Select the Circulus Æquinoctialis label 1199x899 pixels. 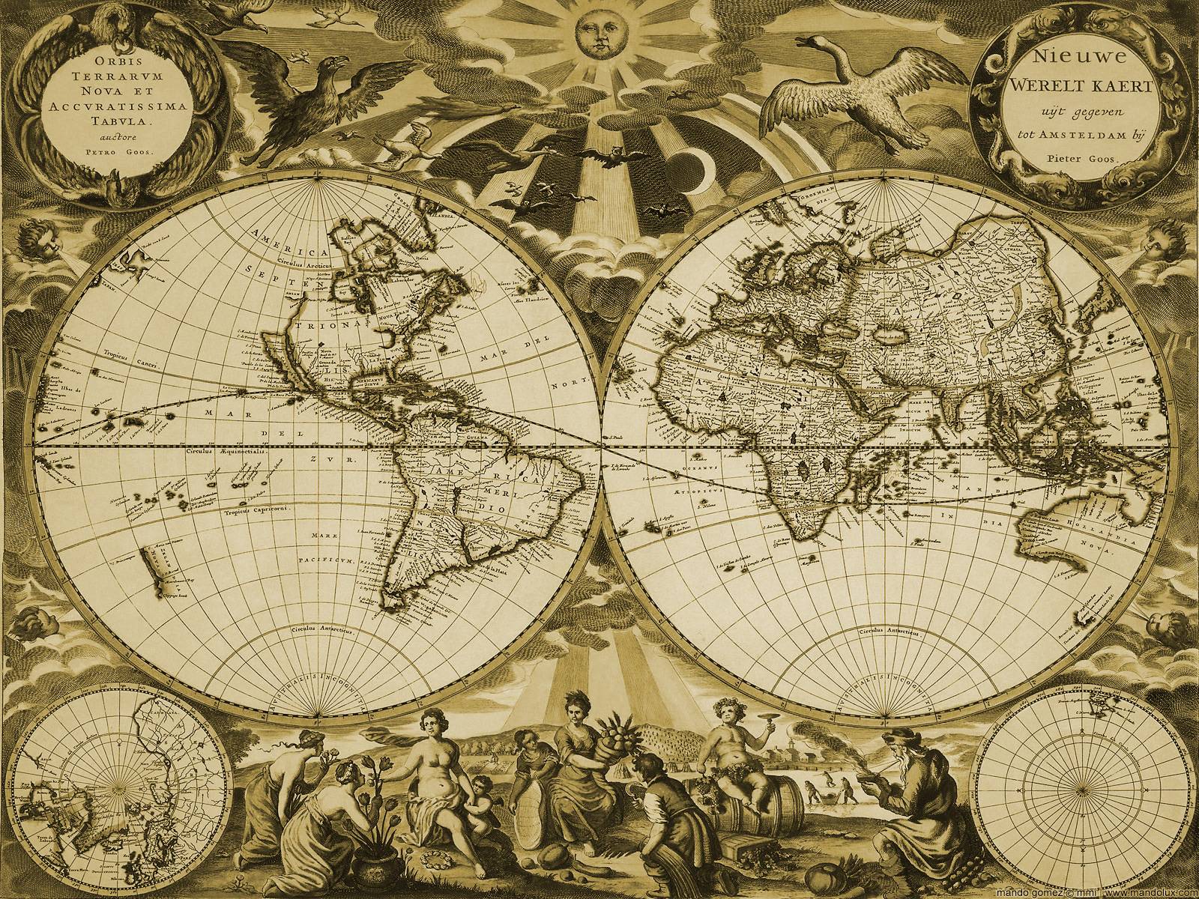220,454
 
